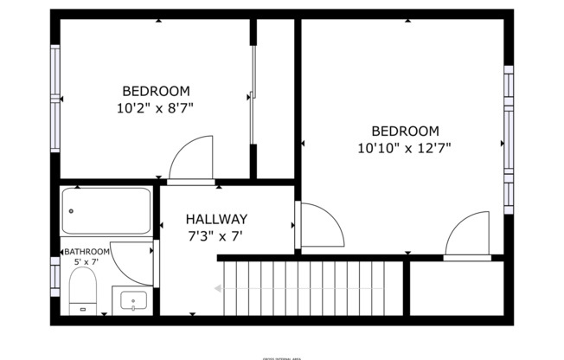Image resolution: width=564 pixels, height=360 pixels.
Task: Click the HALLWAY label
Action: click(217, 220)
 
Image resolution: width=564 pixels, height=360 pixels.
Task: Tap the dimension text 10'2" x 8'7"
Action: click(155, 108)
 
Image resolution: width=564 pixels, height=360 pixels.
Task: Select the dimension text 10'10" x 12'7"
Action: click(405, 148)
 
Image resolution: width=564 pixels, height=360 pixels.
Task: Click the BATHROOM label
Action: click(87, 252)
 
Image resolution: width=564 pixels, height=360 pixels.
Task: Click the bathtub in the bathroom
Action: click(106, 210)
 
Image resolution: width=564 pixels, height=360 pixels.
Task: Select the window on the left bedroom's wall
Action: click(56, 100)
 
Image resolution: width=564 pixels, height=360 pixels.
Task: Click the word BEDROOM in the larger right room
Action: click(405, 132)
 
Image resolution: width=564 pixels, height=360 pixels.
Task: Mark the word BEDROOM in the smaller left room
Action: click(156, 91)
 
